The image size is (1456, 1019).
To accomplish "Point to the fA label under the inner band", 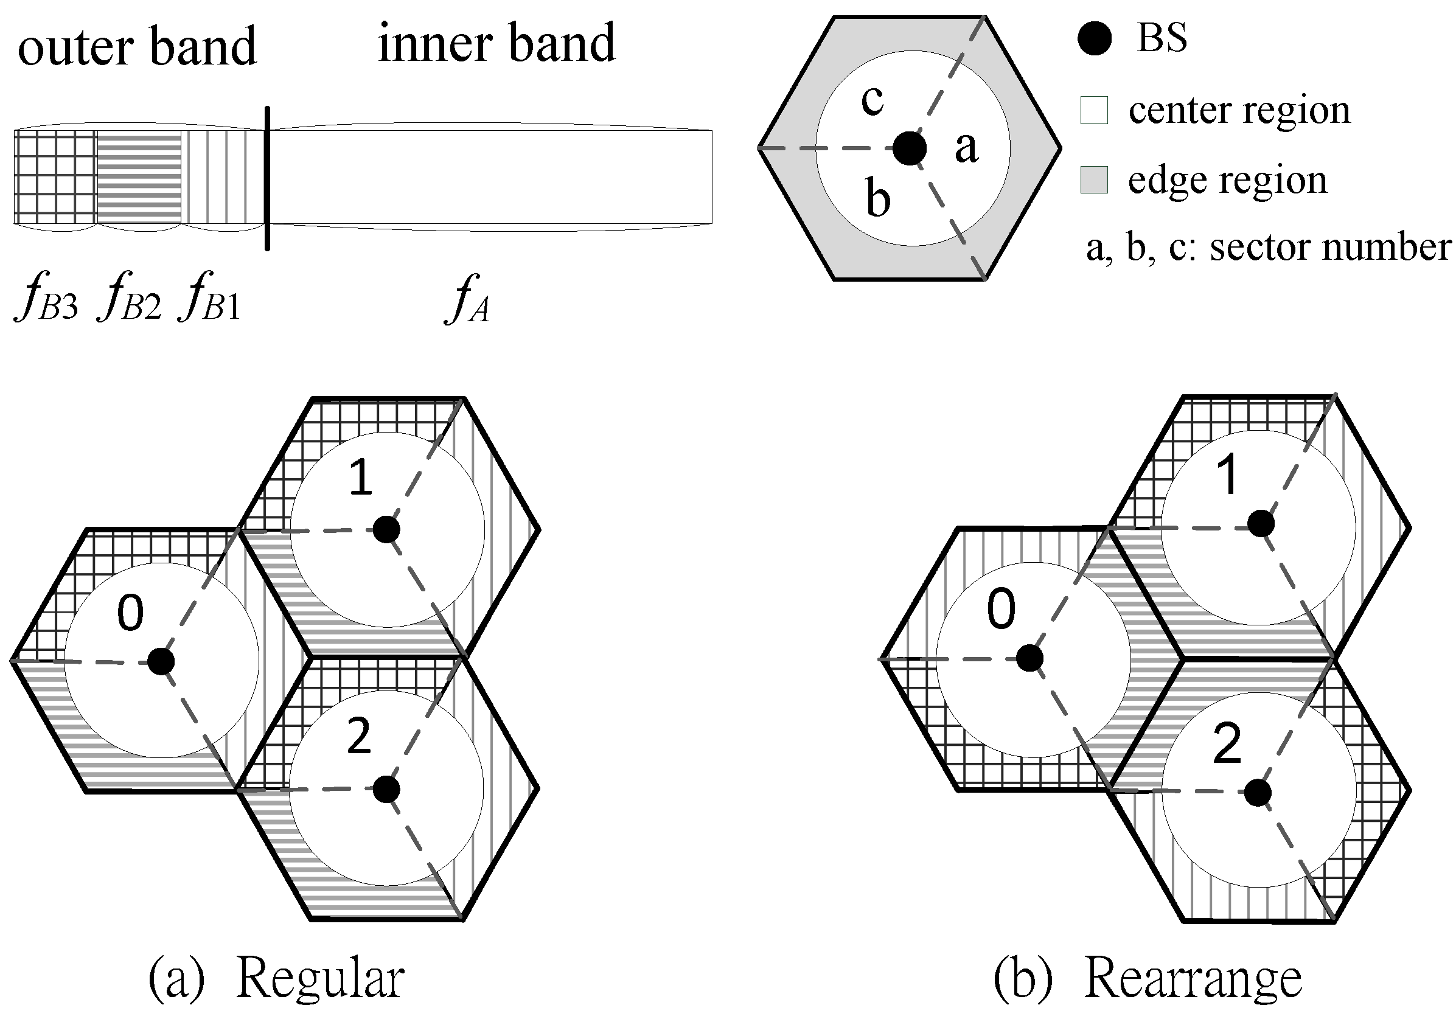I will [468, 301].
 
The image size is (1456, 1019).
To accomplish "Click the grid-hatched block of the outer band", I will [55, 177].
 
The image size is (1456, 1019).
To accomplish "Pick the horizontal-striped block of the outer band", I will [139, 177].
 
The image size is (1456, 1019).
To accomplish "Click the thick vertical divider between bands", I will [267, 178].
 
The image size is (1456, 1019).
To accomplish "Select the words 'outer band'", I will [137, 47].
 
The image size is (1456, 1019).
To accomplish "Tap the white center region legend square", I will [1094, 110].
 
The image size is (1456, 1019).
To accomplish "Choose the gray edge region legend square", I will [1094, 180].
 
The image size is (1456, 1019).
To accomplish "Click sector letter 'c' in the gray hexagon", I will [873, 100].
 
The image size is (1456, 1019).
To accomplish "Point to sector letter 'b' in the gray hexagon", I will [879, 198].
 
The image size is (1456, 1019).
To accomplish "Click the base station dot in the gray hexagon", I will [910, 148].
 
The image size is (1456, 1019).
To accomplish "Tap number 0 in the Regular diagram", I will [131, 613].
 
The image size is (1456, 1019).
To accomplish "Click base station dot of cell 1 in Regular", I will [386, 529].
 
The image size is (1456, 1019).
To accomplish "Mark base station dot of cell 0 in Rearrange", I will [1030, 658].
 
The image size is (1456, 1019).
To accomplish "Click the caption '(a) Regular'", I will [276, 979].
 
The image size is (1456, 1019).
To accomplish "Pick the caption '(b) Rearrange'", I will [1148, 979].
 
